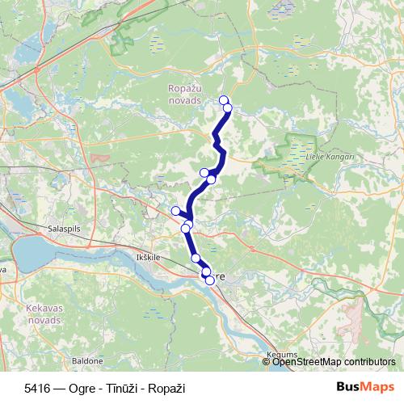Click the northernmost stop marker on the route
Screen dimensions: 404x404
click(224, 100)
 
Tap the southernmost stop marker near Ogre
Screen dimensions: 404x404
click(210, 280)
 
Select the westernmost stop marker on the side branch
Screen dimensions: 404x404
click(175, 211)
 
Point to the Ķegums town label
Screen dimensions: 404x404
click(281, 354)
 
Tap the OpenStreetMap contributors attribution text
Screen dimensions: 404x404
click(333, 361)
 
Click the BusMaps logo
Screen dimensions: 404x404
click(365, 387)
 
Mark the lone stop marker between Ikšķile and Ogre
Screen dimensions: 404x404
click(196, 258)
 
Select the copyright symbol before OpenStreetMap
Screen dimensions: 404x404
click(267, 361)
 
